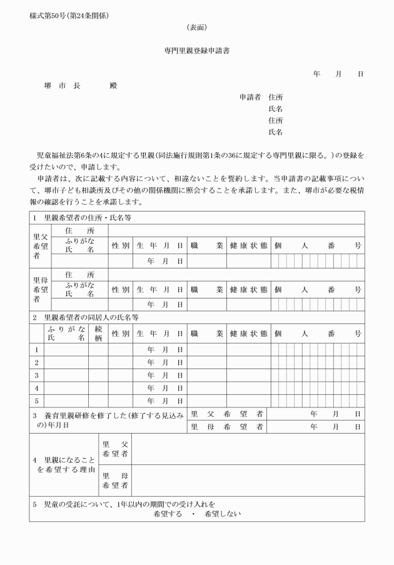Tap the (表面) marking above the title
(x=196, y=28)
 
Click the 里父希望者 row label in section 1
(x=40, y=247)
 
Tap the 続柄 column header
(x=98, y=333)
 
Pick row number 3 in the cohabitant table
(x=36, y=376)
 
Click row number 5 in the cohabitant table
(x=36, y=401)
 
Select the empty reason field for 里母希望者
(x=248, y=479)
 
